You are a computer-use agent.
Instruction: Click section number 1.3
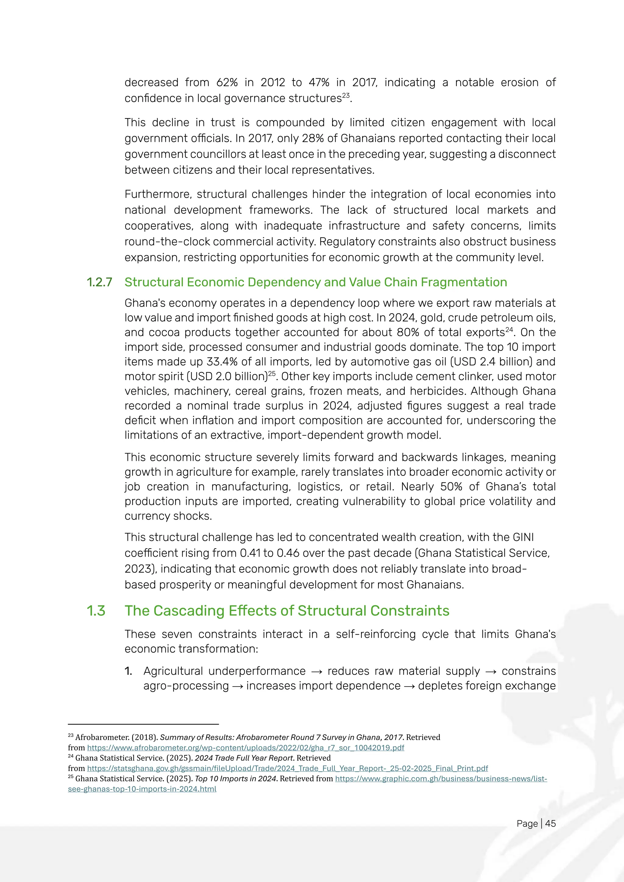pos(96,611)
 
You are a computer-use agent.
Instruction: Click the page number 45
pos(550,823)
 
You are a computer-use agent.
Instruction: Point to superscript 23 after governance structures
pos(346,95)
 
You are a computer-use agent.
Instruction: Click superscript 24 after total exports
pos(509,329)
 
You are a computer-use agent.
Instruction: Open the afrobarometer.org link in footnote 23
pos(246,748)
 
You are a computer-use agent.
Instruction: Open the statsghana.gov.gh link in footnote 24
pos(287,768)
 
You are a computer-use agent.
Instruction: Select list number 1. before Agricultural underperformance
pos(128,671)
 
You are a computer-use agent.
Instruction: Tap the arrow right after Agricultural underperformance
pos(317,672)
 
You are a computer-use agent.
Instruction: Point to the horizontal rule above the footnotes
pos(143,724)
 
